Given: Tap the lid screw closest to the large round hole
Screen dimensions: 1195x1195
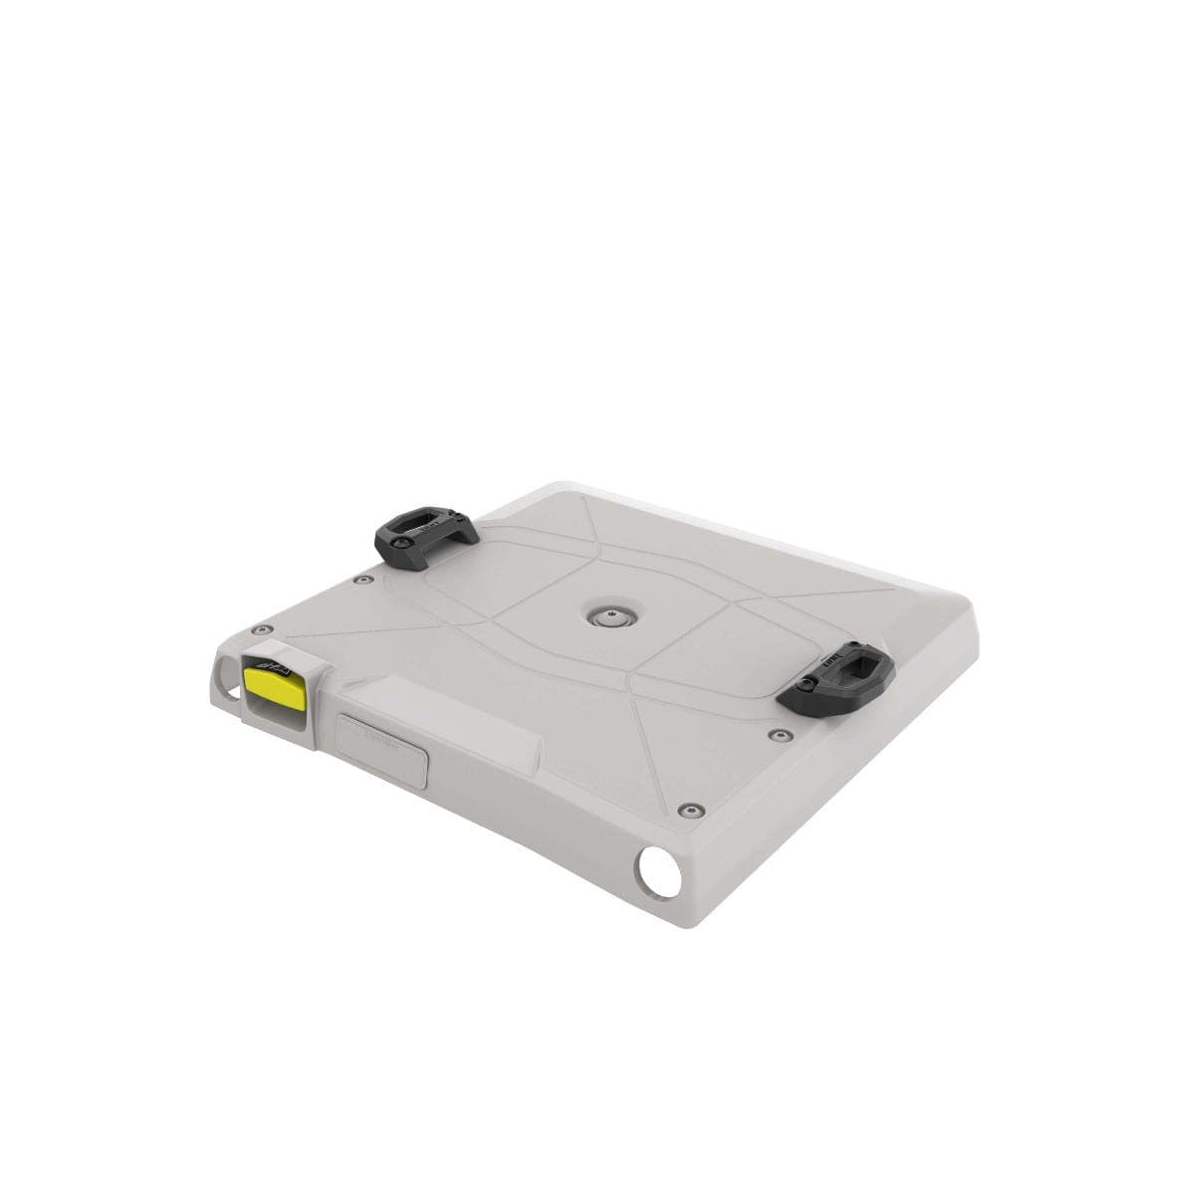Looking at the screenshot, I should tap(688, 809).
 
